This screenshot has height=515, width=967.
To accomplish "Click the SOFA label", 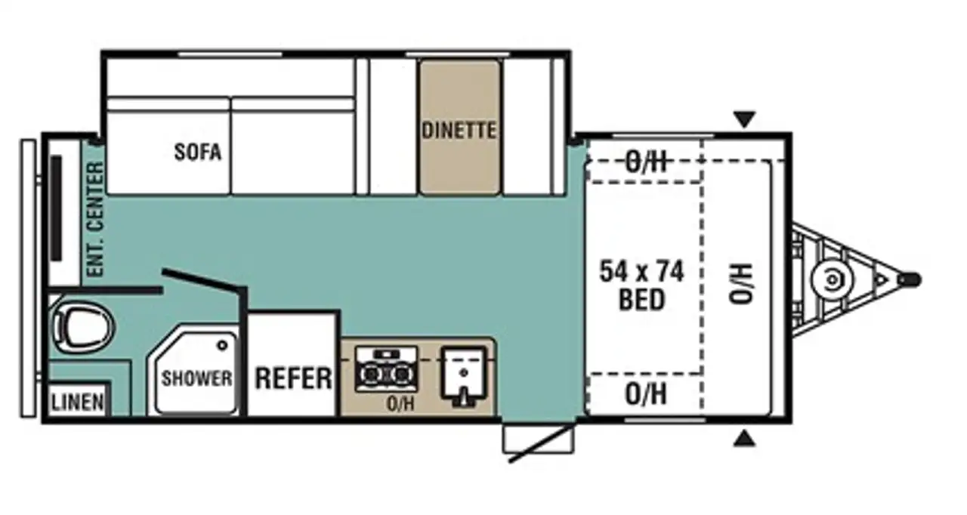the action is [x=198, y=152].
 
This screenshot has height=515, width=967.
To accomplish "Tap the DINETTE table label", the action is [x=459, y=131].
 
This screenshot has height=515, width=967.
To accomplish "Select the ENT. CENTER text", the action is [x=95, y=219].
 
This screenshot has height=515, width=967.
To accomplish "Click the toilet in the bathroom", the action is [x=82, y=326].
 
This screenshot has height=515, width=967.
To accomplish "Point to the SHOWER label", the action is [x=197, y=379].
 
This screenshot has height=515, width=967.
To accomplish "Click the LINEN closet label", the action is [x=78, y=402].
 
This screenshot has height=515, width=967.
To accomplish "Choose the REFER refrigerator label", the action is [x=294, y=378].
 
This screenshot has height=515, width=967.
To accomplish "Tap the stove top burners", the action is [x=386, y=369].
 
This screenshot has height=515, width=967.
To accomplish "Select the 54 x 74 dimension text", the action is [x=642, y=272].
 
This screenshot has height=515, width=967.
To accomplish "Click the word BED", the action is [x=641, y=300].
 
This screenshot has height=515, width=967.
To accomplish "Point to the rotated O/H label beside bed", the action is [x=741, y=283].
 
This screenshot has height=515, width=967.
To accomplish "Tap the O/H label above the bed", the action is [x=646, y=162].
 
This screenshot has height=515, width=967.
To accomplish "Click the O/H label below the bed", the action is [x=646, y=394].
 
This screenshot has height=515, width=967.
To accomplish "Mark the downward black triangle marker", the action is [x=745, y=119].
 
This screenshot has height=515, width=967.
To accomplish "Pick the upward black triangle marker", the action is [x=745, y=439].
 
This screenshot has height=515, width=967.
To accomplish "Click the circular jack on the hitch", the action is [x=832, y=280].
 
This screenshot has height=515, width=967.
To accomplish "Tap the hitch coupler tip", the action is [x=910, y=279].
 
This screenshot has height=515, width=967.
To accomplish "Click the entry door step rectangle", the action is [x=539, y=438].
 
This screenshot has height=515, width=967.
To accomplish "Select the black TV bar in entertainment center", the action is [x=56, y=208].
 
